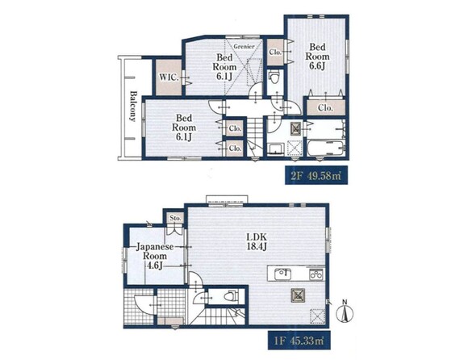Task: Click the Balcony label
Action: [133, 106]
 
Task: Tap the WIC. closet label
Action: [169, 77]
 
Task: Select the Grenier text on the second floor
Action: [244, 47]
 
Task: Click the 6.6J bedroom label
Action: [317, 57]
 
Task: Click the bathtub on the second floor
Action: [325, 148]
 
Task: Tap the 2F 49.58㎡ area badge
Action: [316, 175]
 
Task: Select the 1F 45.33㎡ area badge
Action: [299, 341]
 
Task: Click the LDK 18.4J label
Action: [257, 241]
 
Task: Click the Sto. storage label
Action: [175, 218]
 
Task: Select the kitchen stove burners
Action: [316, 274]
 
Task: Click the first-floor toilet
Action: [231, 296]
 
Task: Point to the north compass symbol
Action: [345, 312]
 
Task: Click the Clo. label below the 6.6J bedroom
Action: [325, 108]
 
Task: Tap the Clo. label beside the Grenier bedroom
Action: [275, 52]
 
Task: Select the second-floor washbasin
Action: [276, 149]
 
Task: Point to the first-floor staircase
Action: [218, 316]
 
